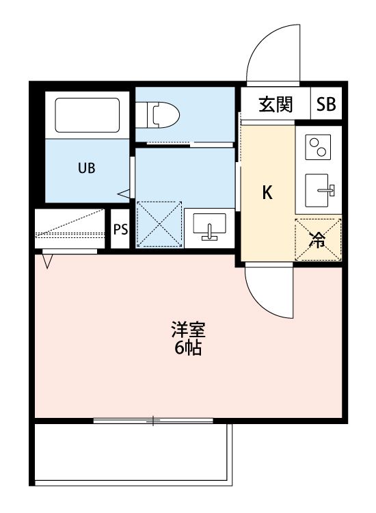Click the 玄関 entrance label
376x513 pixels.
(x=276, y=105)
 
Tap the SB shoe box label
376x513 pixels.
(x=326, y=105)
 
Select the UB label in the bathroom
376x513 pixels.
(x=85, y=168)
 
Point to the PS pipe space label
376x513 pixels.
(x=120, y=229)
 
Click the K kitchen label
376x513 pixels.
(x=268, y=193)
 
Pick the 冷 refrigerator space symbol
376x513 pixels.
(x=317, y=239)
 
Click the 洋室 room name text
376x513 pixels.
(x=188, y=330)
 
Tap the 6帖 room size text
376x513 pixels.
(x=188, y=349)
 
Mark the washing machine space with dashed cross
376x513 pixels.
(x=159, y=224)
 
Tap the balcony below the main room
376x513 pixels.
(x=133, y=455)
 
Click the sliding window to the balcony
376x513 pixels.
(x=154, y=420)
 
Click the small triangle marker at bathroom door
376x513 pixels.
(x=124, y=195)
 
